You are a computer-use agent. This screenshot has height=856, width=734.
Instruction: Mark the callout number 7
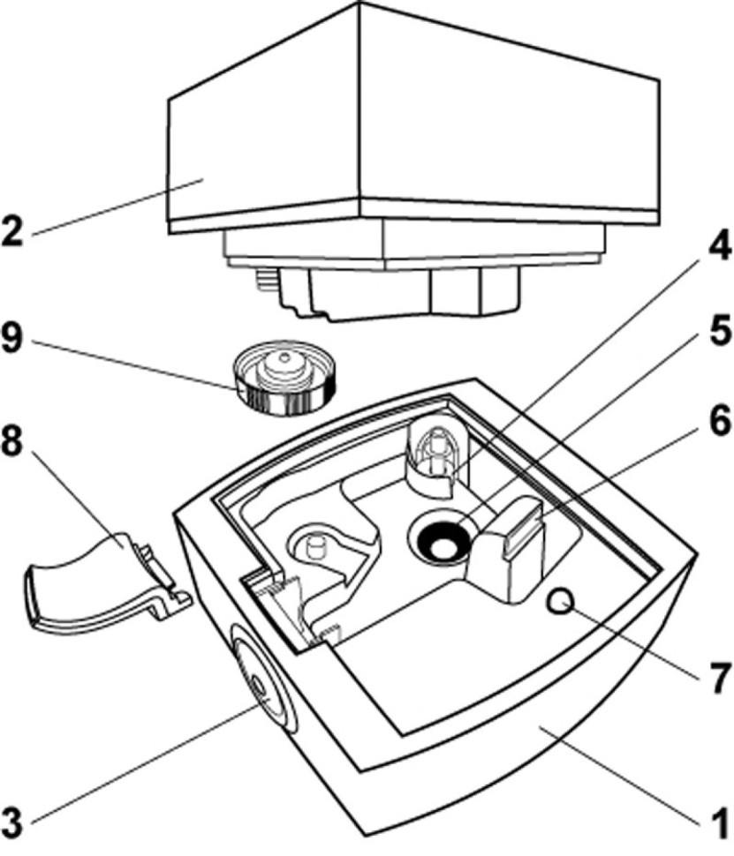[716, 679]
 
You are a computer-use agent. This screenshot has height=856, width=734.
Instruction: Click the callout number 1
[716, 822]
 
